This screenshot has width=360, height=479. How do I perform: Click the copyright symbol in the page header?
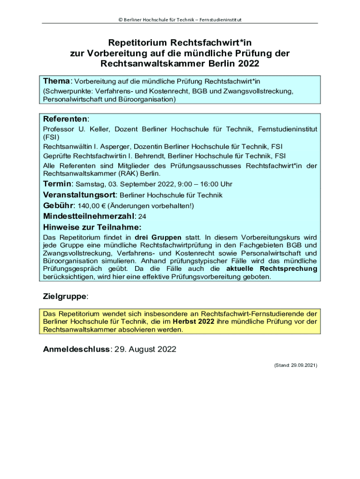click(x=120, y=19)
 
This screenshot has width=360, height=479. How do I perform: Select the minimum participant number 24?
click(x=142, y=217)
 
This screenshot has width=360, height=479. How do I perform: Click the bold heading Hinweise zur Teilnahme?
click(x=92, y=227)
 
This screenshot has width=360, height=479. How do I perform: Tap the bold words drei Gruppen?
click(x=158, y=237)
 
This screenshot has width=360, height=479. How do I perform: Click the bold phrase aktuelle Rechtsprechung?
click(x=272, y=269)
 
